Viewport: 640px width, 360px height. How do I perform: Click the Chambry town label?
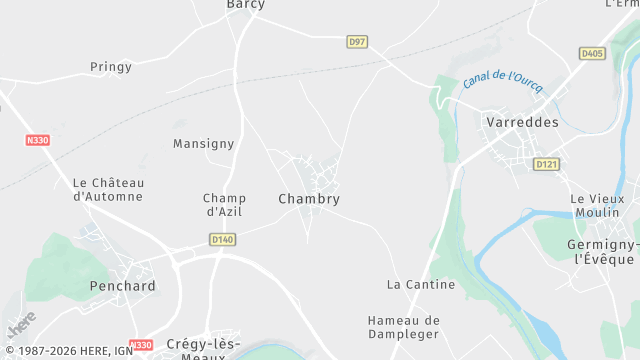[x=309, y=199]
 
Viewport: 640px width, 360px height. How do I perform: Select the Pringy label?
[x=110, y=67]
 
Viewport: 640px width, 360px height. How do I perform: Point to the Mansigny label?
[x=203, y=144]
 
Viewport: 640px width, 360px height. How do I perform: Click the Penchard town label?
[x=122, y=286]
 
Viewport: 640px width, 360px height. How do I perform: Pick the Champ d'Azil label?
[x=224, y=204]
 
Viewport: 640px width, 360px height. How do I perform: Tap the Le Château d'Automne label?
[x=108, y=189]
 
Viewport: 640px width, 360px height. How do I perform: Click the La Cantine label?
[x=421, y=284]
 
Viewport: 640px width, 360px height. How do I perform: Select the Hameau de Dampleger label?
[x=404, y=328]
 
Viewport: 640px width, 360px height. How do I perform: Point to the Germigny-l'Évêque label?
[x=603, y=252]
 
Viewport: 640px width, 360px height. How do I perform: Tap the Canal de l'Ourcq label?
[x=503, y=80]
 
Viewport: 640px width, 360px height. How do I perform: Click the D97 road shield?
[x=357, y=41]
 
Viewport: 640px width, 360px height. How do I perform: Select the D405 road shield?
[x=592, y=53]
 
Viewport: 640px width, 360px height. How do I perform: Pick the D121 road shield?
[x=545, y=164]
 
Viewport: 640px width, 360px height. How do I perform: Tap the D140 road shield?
[x=222, y=239]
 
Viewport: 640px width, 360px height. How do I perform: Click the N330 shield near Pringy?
[x=37, y=141]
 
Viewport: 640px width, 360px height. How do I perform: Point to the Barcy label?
[x=246, y=5]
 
